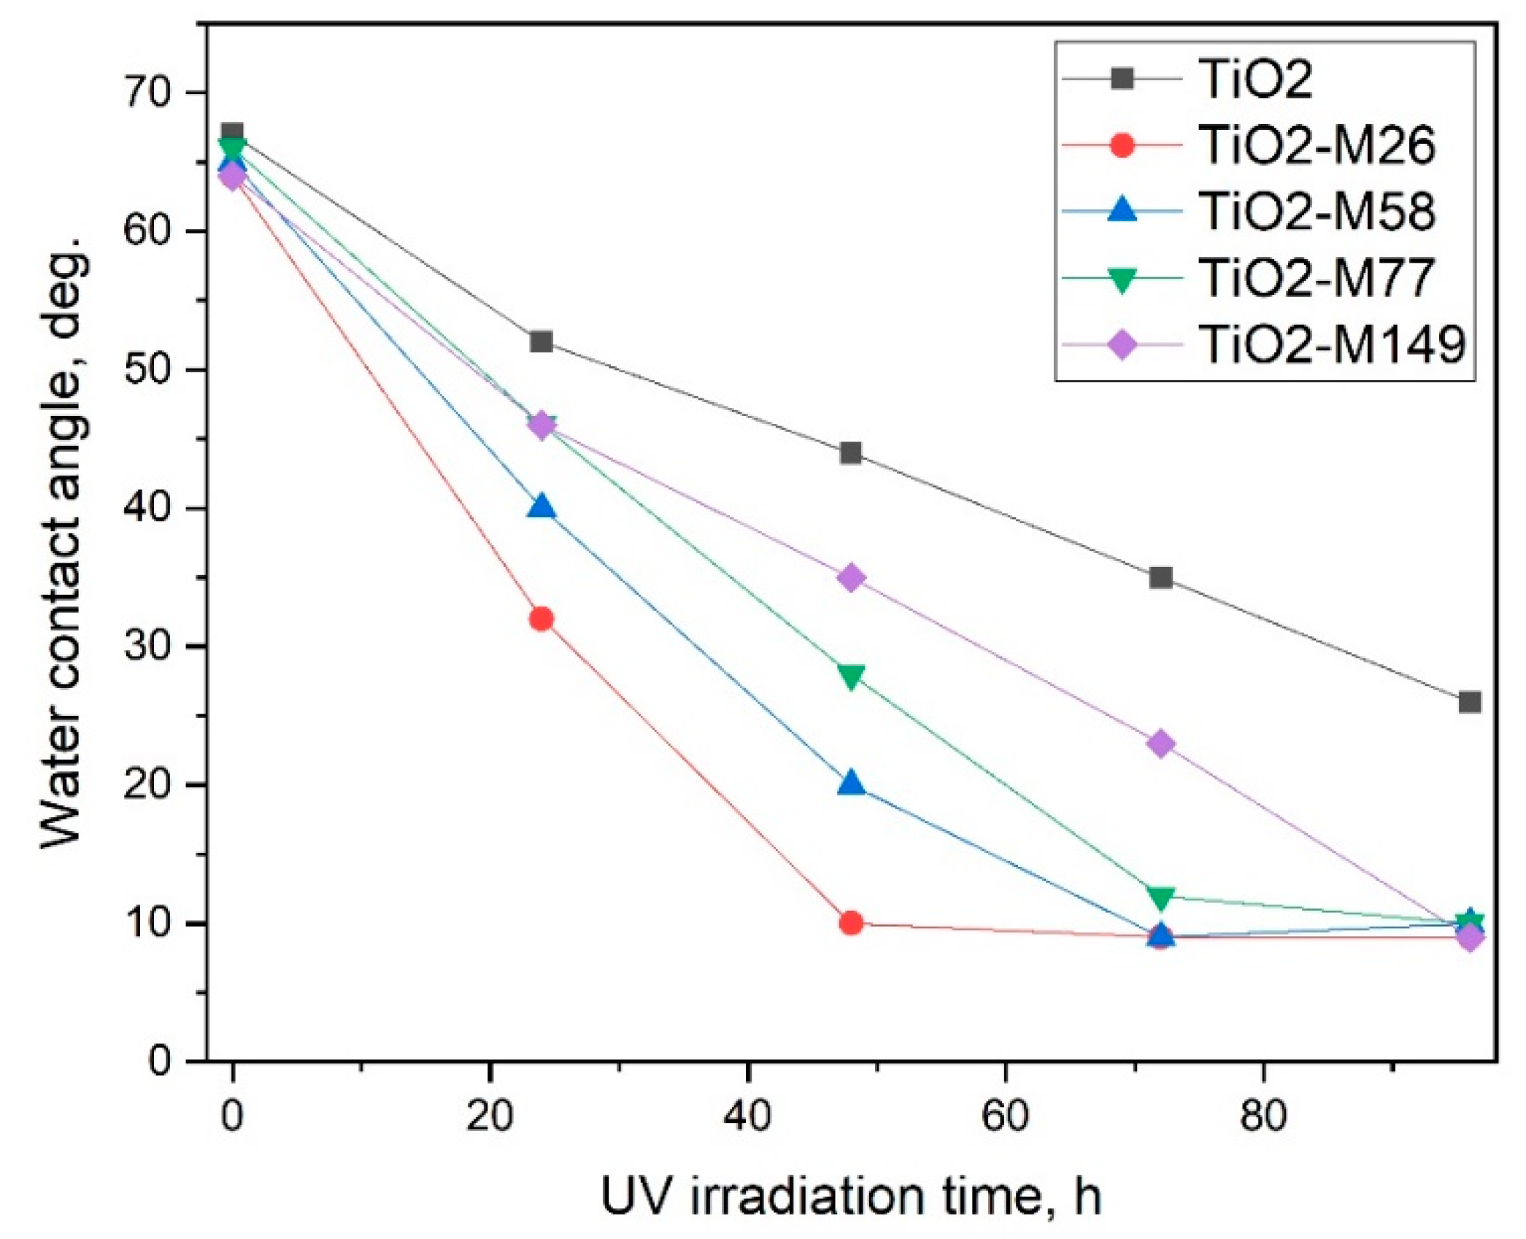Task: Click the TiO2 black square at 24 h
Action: pyautogui.click(x=541, y=341)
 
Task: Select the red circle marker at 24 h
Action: pyautogui.click(x=541, y=619)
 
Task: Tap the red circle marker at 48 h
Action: pyautogui.click(x=851, y=923)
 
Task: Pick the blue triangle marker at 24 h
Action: pyautogui.click(x=541, y=506)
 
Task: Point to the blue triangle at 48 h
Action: pyautogui.click(x=851, y=784)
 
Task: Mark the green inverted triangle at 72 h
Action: pyautogui.click(x=1160, y=897)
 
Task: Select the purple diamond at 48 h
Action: pyautogui.click(x=851, y=578)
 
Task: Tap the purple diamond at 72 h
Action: pyautogui.click(x=1160, y=744)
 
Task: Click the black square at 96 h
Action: pyautogui.click(x=1470, y=702)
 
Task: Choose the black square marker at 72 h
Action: pyautogui.click(x=1160, y=578)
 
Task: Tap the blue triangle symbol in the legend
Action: pyautogui.click(x=1122, y=211)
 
